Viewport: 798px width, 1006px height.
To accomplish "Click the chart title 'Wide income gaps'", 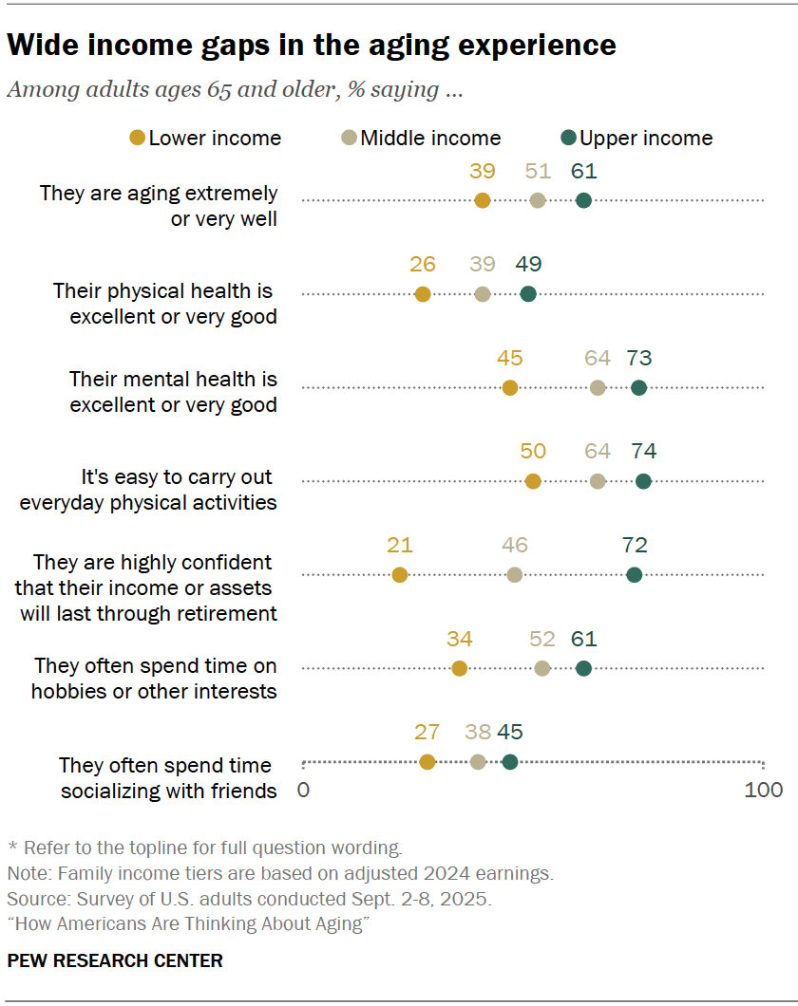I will pyautogui.click(x=312, y=45).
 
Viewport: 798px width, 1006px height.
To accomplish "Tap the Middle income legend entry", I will pyautogui.click(x=422, y=138).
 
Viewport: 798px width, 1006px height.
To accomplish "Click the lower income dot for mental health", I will pyautogui.click(x=510, y=387).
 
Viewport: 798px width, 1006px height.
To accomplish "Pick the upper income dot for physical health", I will pyautogui.click(x=528, y=294).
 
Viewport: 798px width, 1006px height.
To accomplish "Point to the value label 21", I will pyautogui.click(x=400, y=545).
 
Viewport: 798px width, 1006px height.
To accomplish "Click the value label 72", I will pyautogui.click(x=635, y=545).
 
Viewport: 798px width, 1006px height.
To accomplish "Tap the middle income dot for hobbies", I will pyautogui.click(x=542, y=668).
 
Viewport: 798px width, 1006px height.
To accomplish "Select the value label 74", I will pyautogui.click(x=643, y=451).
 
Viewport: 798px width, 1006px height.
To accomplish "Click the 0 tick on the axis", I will pyautogui.click(x=303, y=790).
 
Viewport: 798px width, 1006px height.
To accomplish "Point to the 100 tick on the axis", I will pyautogui.click(x=764, y=790).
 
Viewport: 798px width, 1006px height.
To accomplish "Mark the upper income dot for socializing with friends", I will pyautogui.click(x=510, y=761).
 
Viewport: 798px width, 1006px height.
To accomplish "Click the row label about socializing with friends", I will pyautogui.click(x=167, y=777).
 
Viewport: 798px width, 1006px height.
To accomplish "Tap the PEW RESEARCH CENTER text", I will pyautogui.click(x=115, y=960).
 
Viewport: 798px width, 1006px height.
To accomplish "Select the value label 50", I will pyautogui.click(x=533, y=451).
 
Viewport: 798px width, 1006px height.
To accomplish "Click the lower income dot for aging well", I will pyautogui.click(x=483, y=200).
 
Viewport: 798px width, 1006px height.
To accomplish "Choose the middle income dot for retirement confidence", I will pyautogui.click(x=515, y=574).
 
